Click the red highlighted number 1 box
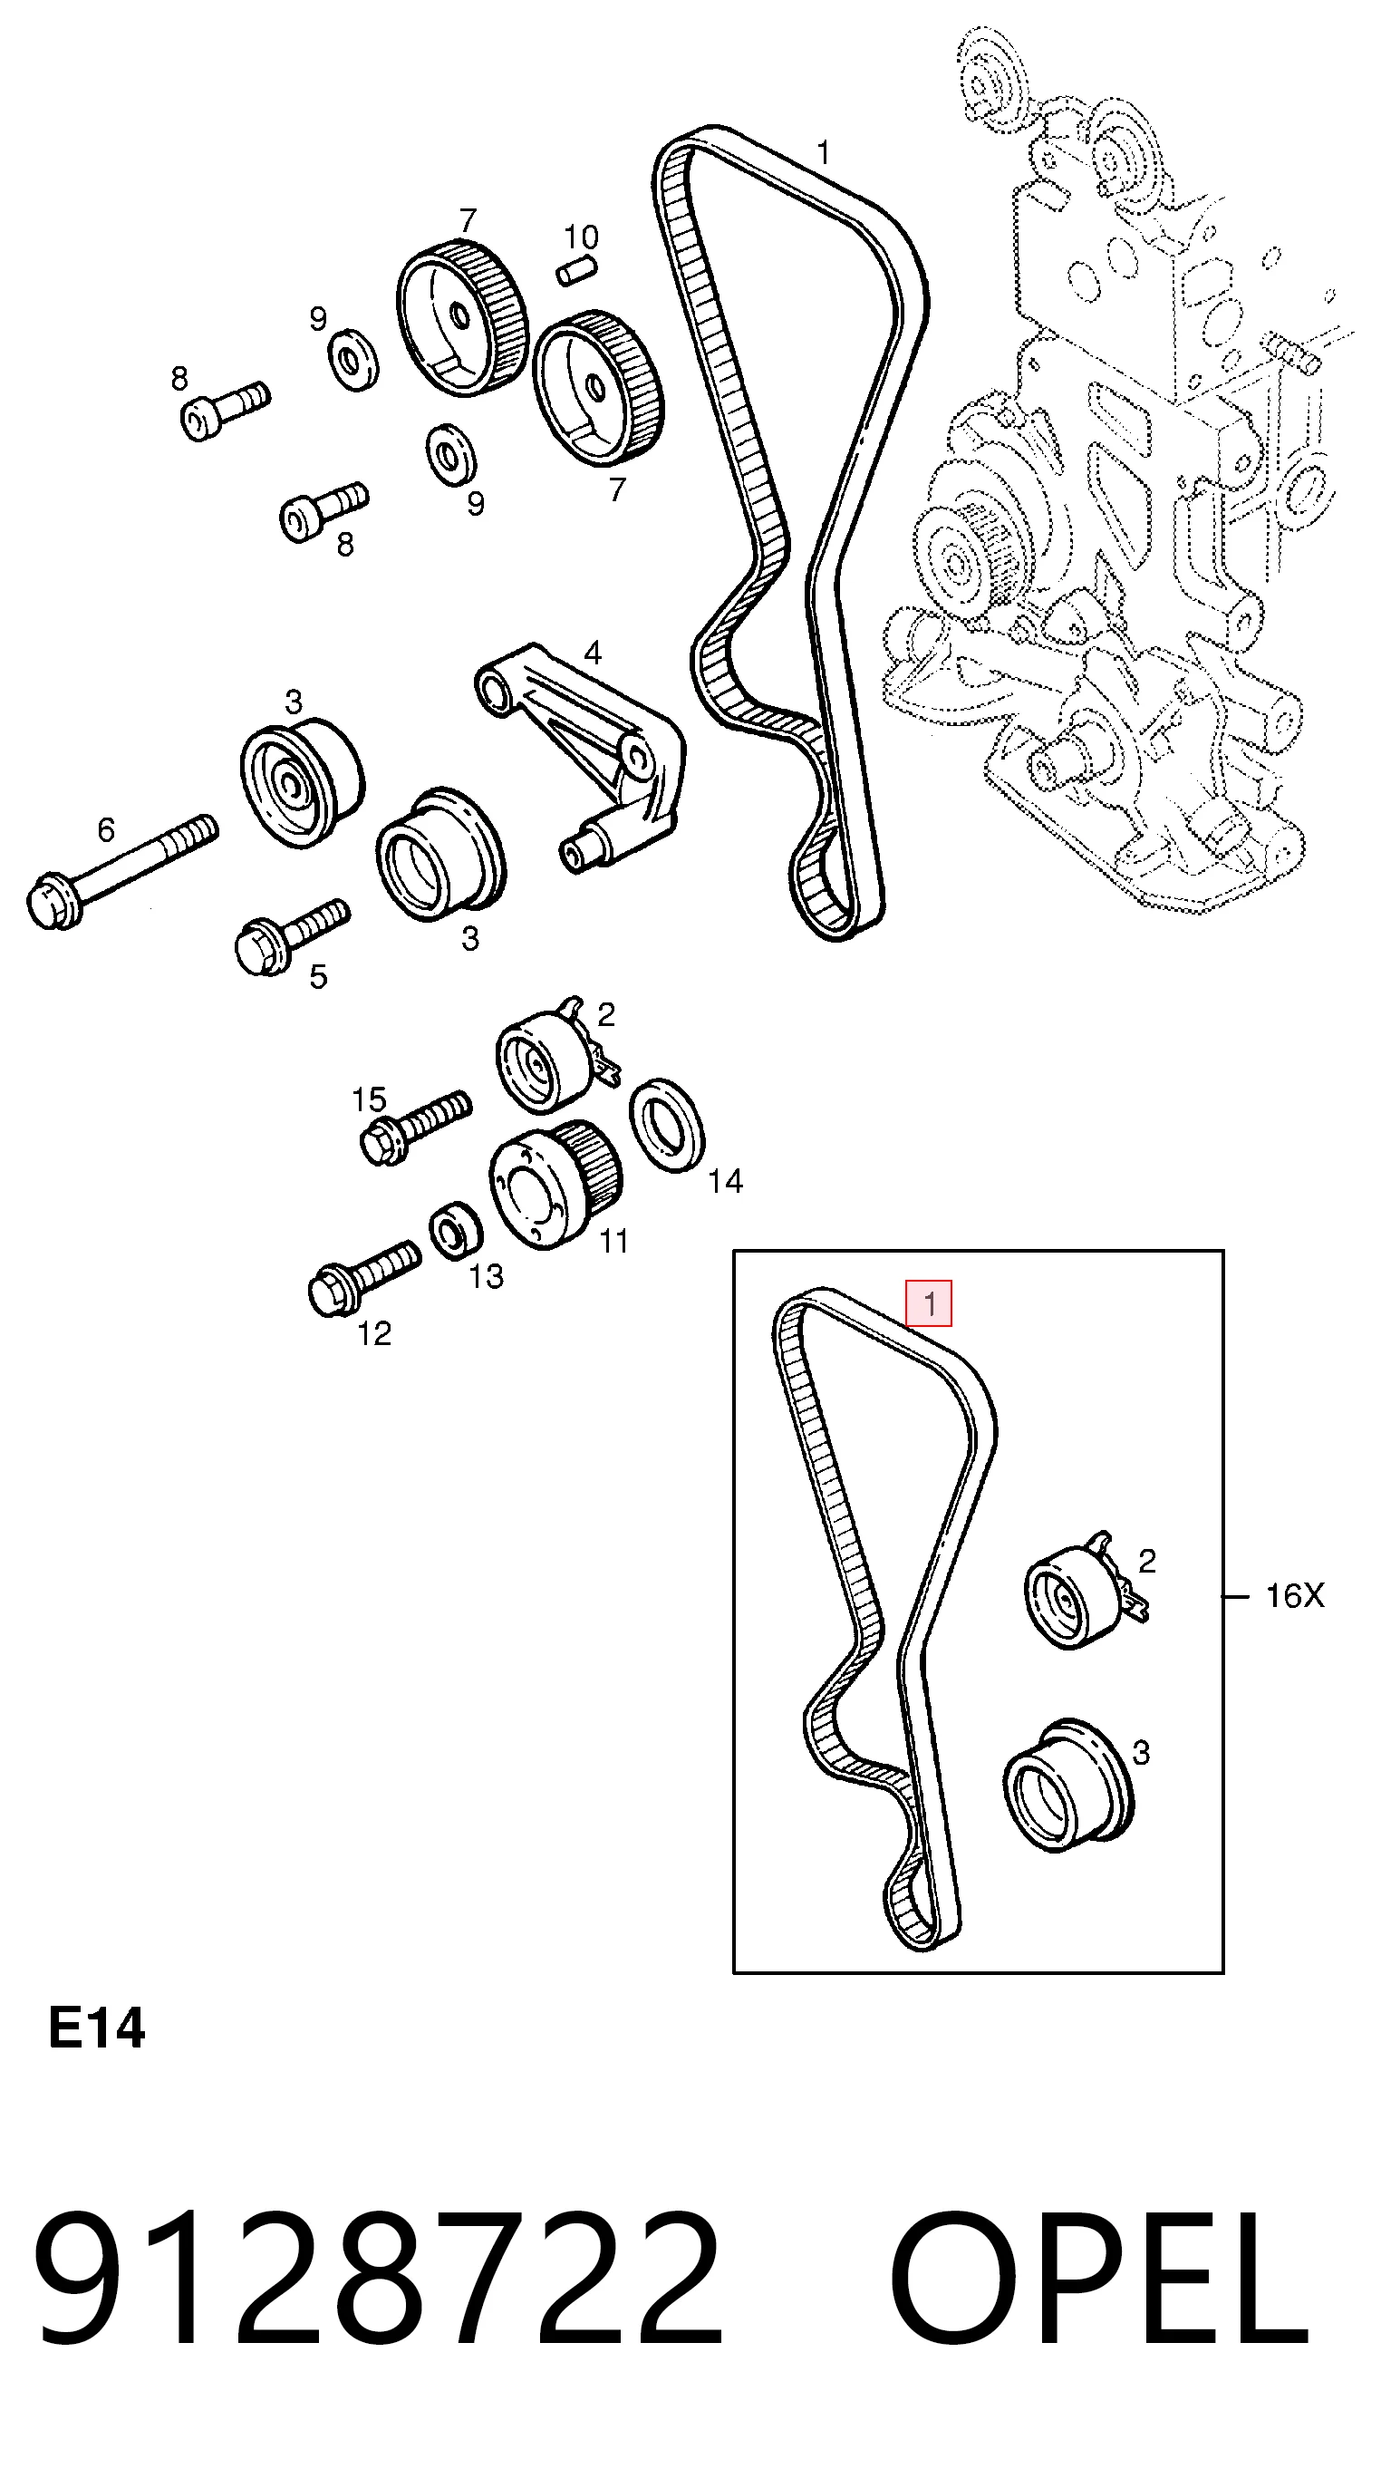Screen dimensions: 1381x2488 point(928,1303)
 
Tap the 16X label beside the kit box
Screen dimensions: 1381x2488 point(1294,1595)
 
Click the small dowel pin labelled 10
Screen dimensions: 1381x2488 point(577,269)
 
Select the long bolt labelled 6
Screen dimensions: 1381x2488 point(121,872)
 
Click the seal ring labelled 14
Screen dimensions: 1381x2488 point(666,1125)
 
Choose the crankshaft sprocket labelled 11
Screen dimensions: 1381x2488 point(556,1182)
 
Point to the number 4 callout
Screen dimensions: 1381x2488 point(593,653)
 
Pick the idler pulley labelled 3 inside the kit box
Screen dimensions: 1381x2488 point(1067,1785)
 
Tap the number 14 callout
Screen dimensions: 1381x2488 point(725,1180)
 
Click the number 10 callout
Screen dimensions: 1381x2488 point(582,237)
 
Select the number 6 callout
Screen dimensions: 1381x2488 point(106,829)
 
